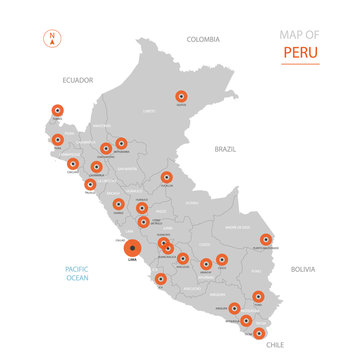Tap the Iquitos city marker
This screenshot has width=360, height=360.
181,97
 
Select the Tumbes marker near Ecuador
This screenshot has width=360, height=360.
56,111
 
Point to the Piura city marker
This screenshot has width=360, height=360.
58,140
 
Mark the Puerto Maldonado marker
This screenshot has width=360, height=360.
266,239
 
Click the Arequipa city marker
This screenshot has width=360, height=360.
234,309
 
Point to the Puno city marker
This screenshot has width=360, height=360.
259,296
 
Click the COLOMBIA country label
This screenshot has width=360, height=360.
202,40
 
